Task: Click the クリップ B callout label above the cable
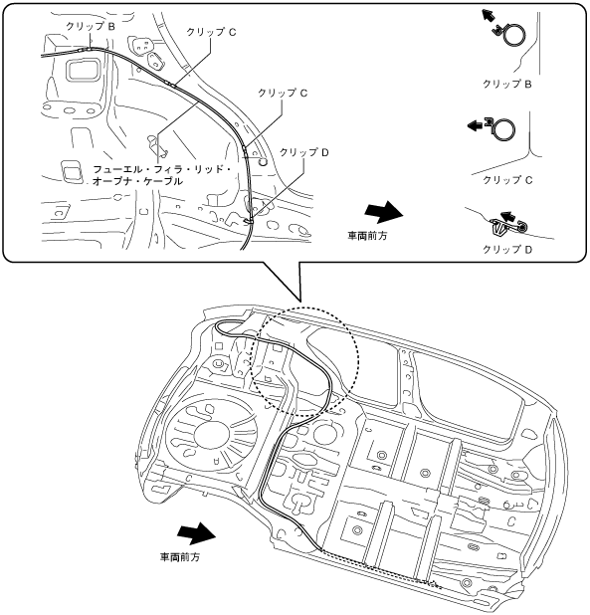(x=91, y=26)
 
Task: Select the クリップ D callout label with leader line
(x=303, y=152)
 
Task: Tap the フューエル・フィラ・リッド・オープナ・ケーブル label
(x=161, y=175)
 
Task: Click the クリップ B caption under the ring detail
(x=506, y=84)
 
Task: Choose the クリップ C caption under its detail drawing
(x=507, y=180)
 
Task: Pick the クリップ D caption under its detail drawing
(x=507, y=250)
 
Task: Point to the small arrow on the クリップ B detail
(x=489, y=16)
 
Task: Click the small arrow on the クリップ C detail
(x=476, y=125)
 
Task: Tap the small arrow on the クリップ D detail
(x=507, y=216)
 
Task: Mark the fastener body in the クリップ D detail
(x=498, y=229)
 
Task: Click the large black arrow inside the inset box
(x=383, y=213)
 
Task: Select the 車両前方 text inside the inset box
(x=367, y=236)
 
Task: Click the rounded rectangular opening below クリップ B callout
(x=83, y=70)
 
